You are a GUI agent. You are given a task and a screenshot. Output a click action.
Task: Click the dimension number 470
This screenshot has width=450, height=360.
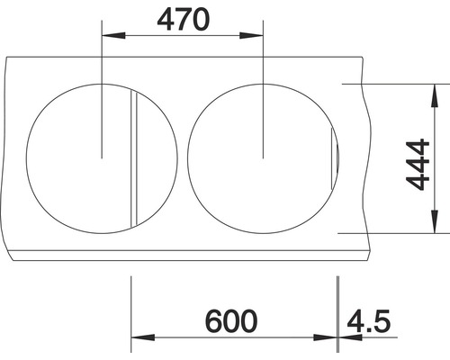(183, 18)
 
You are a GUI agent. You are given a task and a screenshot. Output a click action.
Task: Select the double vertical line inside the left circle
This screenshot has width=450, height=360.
(135, 157)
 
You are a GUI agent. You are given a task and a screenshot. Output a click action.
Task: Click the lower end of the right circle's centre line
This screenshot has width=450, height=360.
(262, 157)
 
